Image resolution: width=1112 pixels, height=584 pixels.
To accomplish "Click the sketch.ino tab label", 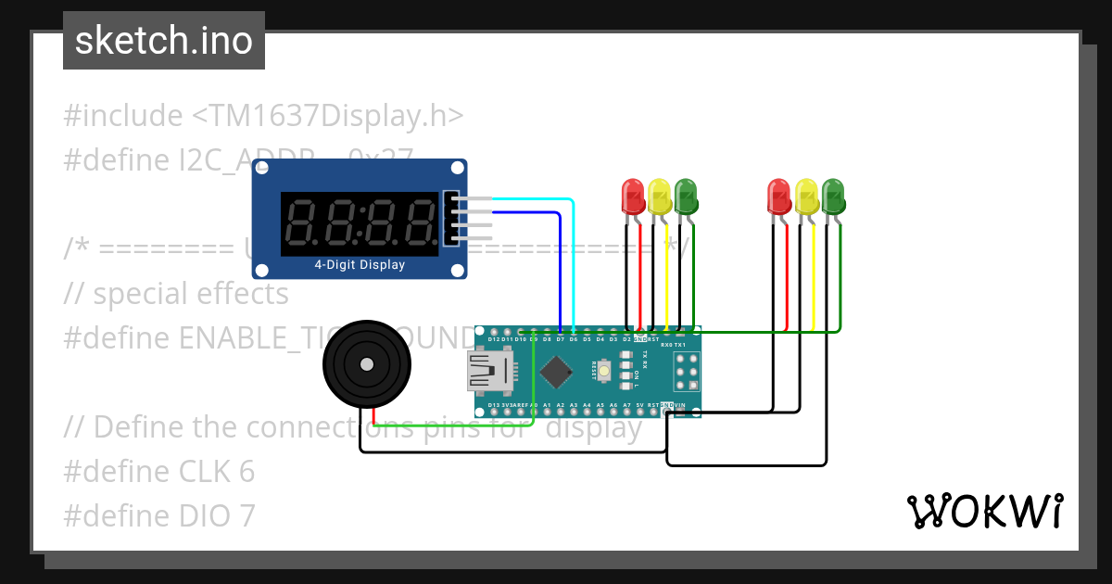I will (164, 41).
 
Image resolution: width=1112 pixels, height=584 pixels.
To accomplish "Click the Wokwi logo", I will (983, 511).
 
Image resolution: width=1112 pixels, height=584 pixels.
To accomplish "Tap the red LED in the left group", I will (633, 196).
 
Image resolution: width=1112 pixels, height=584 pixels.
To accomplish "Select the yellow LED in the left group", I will (660, 196).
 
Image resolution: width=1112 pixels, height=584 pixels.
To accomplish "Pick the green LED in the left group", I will (687, 196).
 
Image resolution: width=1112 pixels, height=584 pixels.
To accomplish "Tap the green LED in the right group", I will (834, 196).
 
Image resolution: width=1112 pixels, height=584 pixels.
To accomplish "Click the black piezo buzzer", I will (367, 364).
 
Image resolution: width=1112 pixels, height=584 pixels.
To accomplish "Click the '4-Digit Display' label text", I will (360, 265).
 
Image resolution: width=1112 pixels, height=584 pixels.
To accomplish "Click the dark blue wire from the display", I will (561, 269).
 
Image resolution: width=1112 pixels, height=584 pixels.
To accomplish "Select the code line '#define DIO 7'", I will (158, 516).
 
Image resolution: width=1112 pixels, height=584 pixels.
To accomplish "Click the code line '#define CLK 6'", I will (158, 472).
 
